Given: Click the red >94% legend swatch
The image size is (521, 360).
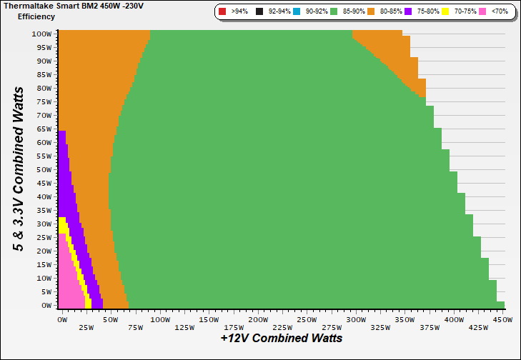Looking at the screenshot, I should [223, 12].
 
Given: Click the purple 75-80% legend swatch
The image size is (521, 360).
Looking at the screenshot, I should [408, 12].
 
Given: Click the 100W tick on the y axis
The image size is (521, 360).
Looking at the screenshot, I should [41, 34].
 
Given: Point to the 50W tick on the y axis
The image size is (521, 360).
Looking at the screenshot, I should [44, 169].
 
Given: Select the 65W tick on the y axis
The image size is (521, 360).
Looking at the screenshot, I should [44, 129].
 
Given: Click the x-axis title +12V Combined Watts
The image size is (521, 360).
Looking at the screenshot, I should [281, 338].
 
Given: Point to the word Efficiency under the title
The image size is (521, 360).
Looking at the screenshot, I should [36, 16].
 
